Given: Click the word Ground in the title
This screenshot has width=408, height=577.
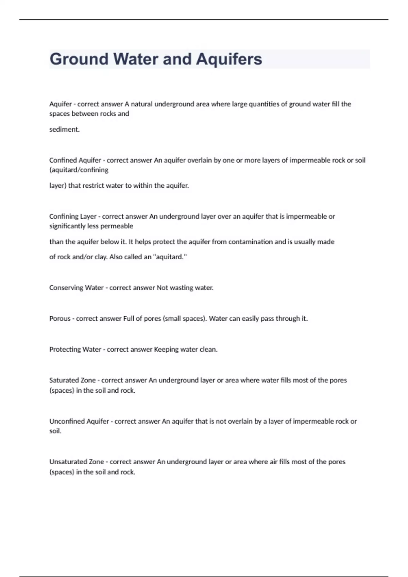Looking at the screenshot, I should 79,59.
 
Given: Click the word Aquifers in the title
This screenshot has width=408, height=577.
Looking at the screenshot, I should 229,59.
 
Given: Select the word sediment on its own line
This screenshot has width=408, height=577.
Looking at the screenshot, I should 64,129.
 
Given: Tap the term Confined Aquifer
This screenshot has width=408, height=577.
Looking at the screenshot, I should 75,160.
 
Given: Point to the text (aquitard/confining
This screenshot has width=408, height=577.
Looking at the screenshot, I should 79,170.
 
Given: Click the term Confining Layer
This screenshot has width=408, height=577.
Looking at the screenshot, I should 73,217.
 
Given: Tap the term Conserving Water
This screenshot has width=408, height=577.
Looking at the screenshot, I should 76,288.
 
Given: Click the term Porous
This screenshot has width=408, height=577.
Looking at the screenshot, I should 60,319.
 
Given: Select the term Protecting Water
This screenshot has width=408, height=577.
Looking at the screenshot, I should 75,350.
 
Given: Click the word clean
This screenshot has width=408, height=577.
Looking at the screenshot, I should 208,350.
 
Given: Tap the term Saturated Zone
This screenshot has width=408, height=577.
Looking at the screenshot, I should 72,380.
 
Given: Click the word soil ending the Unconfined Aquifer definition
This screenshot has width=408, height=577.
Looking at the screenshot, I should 55,431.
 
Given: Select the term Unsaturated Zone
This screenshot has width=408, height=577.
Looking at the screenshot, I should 76,462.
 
